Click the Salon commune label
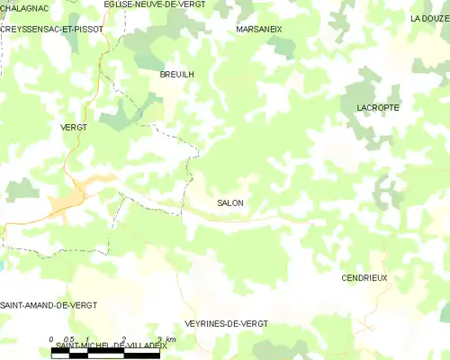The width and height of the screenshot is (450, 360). (230, 203)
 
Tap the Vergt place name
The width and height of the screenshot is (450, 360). (73, 128)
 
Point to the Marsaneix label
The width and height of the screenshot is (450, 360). (258, 29)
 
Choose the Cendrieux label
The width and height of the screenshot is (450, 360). (364, 278)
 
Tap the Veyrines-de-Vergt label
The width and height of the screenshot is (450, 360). (225, 323)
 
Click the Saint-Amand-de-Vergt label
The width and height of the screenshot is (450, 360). (49, 306)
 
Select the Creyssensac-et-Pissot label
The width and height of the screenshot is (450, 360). (51, 29)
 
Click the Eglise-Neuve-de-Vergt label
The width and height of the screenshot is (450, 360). (154, 4)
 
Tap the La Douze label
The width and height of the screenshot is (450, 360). (429, 18)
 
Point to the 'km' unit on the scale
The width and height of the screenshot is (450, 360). (171, 339)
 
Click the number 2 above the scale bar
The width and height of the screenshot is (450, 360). (123, 339)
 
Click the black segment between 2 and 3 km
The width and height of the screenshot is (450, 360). (141, 354)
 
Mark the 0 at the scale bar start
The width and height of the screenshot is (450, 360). (51, 339)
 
